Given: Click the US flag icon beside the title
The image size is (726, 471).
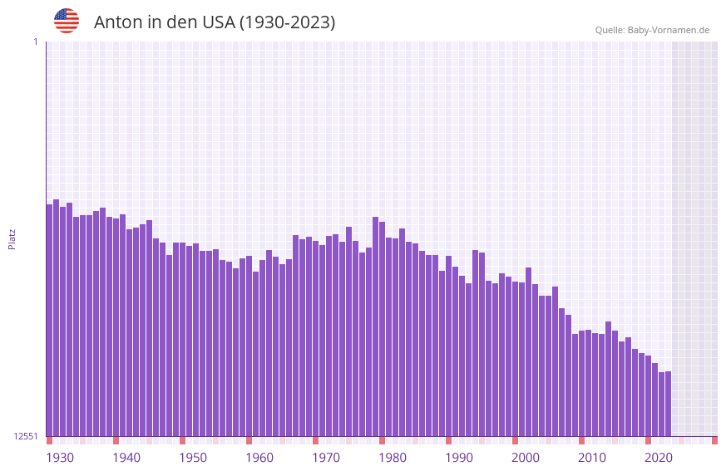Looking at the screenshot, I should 67,21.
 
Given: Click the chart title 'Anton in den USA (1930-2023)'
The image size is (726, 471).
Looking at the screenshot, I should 215,22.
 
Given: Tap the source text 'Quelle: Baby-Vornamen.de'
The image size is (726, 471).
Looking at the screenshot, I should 652,30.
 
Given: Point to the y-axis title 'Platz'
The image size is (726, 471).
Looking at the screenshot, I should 12,238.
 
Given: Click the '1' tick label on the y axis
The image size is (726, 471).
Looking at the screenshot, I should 35,42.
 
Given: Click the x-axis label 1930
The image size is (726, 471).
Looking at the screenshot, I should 60,458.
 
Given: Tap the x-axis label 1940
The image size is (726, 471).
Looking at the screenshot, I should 126,458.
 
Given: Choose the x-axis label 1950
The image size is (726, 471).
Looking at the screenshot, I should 193,458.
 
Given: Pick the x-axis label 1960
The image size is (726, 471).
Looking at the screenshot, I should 259,458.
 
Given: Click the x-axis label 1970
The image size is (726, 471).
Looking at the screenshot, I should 326,458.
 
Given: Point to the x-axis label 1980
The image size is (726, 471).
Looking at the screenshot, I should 393,458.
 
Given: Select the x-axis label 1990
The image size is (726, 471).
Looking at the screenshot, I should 459,458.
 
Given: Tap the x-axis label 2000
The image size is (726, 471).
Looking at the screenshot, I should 526,458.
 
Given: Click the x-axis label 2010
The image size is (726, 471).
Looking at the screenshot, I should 592,458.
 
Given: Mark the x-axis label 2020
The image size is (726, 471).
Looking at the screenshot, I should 659,458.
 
